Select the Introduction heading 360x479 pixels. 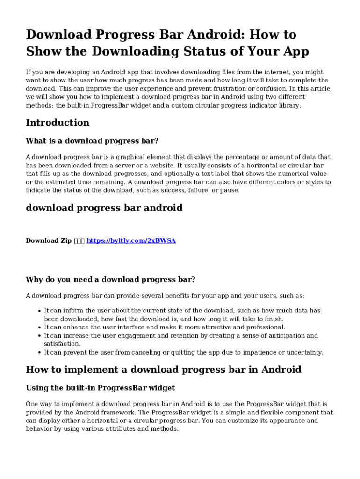58,123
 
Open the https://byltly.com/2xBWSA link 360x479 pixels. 131,240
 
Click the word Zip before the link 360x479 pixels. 64,240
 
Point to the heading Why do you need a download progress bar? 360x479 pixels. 110,280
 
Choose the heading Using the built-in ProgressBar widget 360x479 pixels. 101,388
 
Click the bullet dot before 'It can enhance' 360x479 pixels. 39,327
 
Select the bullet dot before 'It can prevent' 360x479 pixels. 39,353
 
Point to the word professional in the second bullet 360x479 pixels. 263,327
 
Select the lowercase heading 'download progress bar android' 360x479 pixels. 104,208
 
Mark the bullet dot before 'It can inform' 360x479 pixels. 39,311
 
